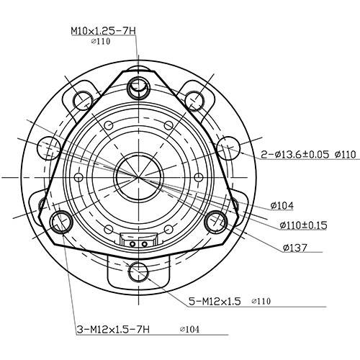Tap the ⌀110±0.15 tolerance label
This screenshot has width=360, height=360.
point(303,225)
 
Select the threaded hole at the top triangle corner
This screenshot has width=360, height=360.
point(138,87)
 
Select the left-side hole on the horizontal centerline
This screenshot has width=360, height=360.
point(50,149)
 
